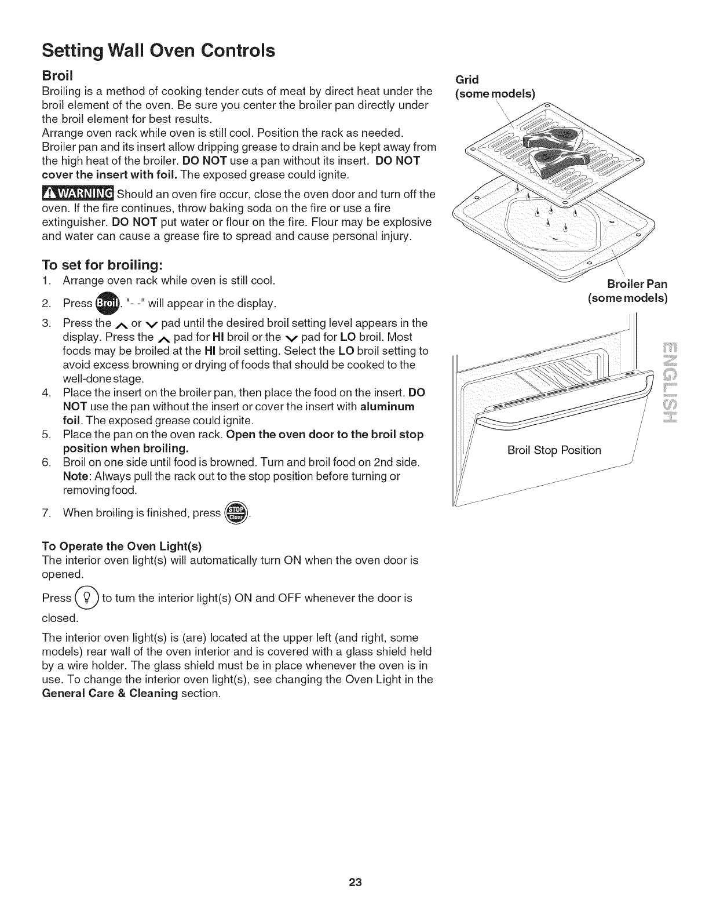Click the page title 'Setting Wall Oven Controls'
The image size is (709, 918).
point(158,50)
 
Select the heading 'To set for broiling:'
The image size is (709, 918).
point(102,265)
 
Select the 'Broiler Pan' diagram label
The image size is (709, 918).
point(637,284)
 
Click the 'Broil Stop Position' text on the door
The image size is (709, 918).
point(554,450)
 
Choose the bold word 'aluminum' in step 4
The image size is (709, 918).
point(387,406)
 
